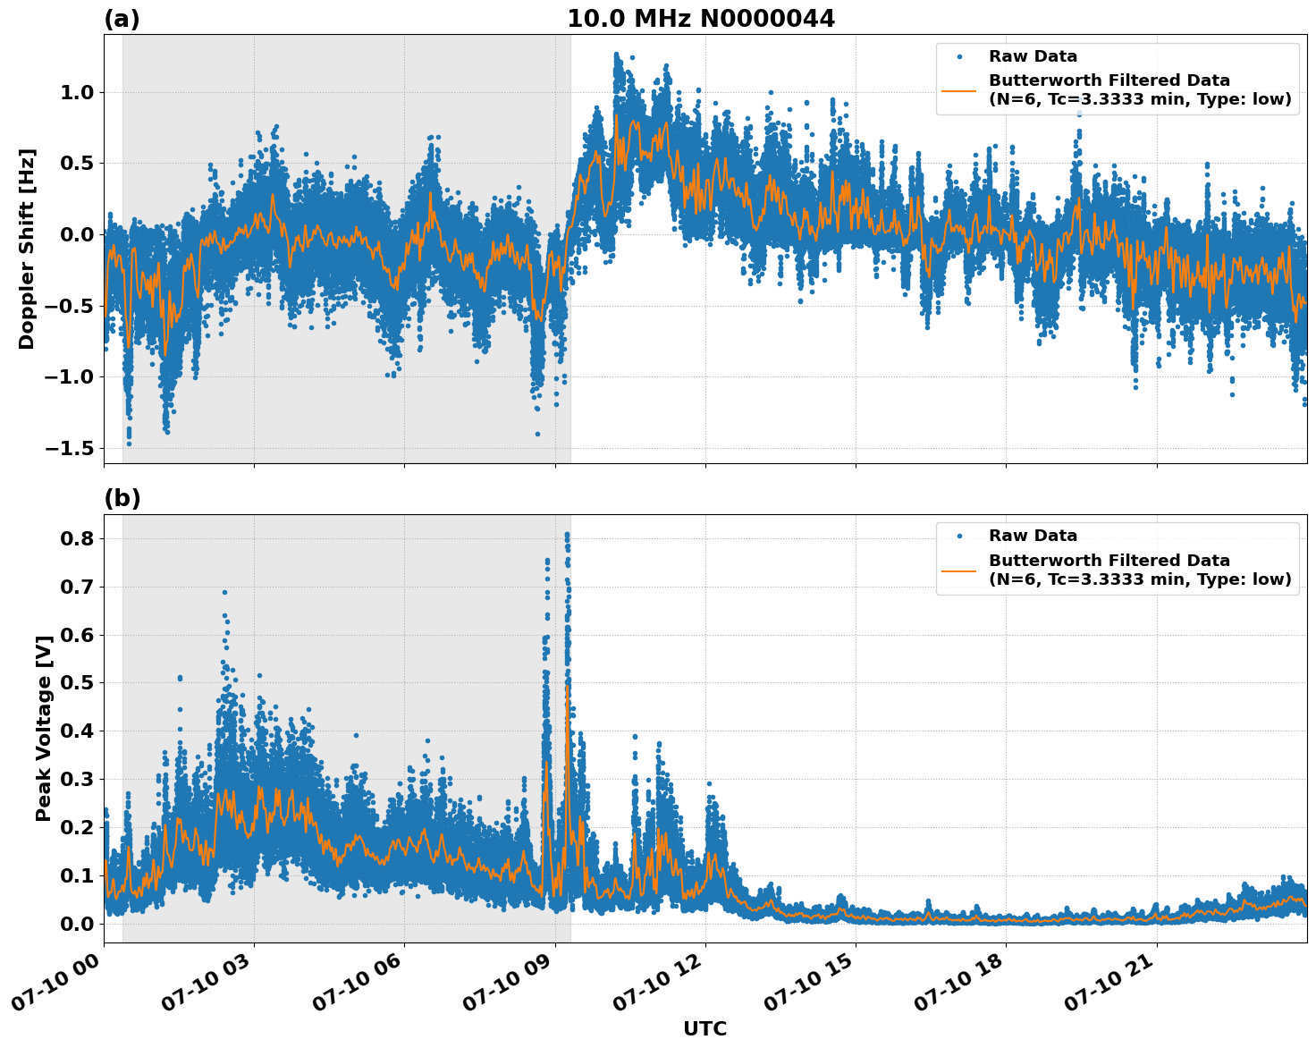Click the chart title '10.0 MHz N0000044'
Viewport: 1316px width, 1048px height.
(701, 19)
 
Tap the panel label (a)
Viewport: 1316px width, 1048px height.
(122, 19)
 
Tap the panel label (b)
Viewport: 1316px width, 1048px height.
(122, 498)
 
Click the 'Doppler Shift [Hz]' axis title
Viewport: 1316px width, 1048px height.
(27, 249)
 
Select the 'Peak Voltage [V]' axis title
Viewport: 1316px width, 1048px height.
(44, 728)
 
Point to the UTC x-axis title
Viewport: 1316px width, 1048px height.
(704, 1028)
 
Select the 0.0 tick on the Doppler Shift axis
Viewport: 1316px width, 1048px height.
(75, 234)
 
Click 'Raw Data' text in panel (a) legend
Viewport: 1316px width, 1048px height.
(1033, 56)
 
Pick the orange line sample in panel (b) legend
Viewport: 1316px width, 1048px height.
(958, 570)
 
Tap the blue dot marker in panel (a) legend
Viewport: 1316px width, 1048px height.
(958, 56)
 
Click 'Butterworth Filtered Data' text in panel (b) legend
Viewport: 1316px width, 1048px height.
(1109, 561)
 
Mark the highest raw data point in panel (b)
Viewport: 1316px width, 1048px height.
(567, 535)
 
